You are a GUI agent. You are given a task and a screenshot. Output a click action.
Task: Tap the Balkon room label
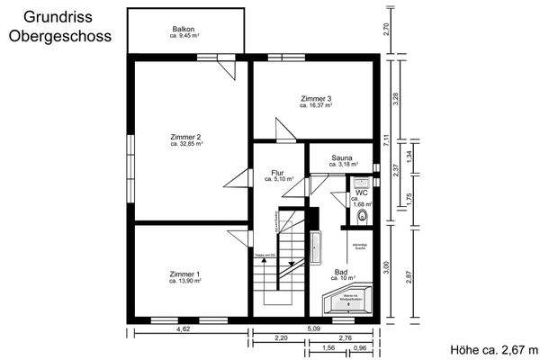coord(184,30)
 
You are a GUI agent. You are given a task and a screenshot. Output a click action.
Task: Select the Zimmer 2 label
coord(186,137)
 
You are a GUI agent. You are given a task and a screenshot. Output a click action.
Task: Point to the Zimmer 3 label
coord(317,99)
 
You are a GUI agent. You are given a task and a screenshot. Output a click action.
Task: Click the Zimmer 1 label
coord(185,274)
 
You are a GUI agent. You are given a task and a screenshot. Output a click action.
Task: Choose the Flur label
coord(278,172)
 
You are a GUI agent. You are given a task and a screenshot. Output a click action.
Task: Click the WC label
coord(361,193)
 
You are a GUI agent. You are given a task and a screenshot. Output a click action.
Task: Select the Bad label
coord(341,272)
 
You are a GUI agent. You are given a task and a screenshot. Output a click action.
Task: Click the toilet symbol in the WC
coord(364,215)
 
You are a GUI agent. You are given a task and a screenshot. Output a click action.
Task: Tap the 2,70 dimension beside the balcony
coord(386,28)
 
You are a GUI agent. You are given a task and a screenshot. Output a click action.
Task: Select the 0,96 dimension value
coord(360,347)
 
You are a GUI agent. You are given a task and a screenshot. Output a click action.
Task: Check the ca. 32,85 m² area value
coord(186,144)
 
